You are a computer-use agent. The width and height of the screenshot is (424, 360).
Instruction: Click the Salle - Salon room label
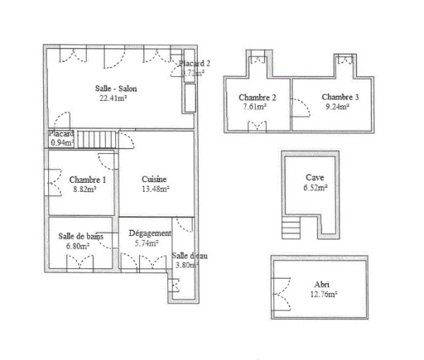tap(116, 88)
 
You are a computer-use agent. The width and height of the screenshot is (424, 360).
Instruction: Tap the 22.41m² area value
tap(114, 98)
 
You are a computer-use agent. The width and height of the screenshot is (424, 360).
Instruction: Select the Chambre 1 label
tap(87, 180)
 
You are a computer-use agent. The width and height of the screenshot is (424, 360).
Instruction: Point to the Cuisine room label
tap(154, 179)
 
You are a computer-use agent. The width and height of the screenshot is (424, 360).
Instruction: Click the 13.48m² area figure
tap(155, 189)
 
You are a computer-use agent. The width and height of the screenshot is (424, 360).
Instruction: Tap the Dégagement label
tap(150, 233)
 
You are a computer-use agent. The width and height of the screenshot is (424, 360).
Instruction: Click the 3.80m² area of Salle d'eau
tap(187, 265)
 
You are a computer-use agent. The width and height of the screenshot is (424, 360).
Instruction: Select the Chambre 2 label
tap(257, 97)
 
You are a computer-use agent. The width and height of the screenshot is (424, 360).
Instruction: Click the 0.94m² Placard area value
tap(61, 143)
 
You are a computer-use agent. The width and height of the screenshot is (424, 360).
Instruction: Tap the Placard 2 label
tap(194, 63)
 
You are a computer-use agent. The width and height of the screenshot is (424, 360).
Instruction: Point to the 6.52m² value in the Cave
tap(316, 188)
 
